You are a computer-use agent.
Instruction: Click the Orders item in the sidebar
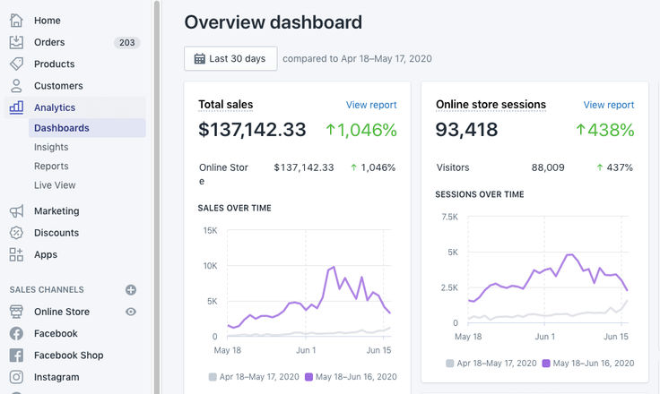[x=49, y=42]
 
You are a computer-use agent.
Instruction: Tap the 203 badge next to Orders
[x=126, y=42]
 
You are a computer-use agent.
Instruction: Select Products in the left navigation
[x=54, y=64]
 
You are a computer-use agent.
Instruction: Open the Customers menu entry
[x=58, y=86]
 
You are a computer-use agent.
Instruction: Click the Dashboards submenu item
[x=62, y=128]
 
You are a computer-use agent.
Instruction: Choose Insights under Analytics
[x=51, y=147]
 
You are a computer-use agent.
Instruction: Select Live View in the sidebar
[x=55, y=185]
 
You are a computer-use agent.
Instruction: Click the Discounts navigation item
[x=56, y=233]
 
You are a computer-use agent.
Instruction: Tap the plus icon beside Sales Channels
[x=131, y=290]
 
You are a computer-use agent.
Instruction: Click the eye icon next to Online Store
[x=131, y=312]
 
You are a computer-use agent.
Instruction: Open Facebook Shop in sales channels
[x=68, y=355]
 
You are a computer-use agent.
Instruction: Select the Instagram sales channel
[x=57, y=377]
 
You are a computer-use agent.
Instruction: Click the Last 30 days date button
[x=230, y=58]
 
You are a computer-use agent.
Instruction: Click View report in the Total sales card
[x=371, y=105]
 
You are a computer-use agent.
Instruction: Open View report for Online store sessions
[x=608, y=105]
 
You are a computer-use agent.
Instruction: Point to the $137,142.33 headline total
[x=252, y=130]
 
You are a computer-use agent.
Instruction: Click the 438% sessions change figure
[x=605, y=130]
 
